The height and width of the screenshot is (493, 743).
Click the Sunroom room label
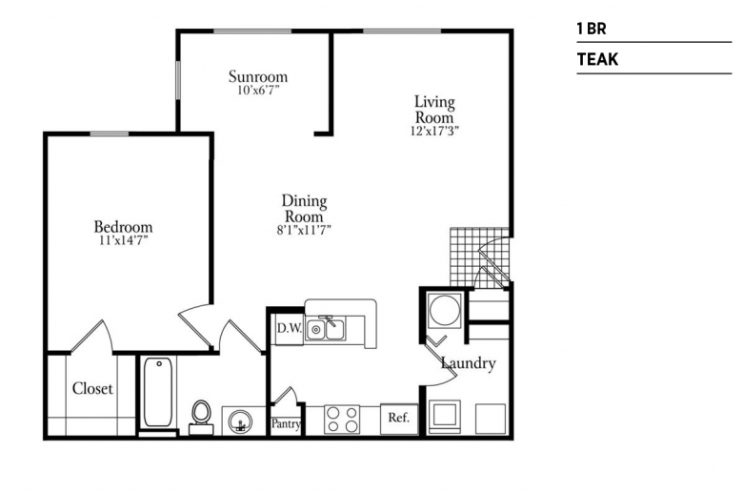(258, 76)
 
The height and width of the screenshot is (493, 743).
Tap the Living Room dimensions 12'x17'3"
(434, 131)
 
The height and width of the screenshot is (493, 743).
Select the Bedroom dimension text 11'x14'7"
(123, 240)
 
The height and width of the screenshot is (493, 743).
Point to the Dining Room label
(304, 209)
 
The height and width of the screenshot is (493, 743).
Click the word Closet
(92, 389)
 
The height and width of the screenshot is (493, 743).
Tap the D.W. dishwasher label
(289, 328)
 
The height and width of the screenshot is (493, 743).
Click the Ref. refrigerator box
(399, 419)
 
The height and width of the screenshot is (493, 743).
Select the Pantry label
(286, 423)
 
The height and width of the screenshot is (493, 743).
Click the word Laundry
(468, 363)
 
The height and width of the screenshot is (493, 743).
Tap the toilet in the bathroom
(201, 418)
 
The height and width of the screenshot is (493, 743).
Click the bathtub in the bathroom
(158, 393)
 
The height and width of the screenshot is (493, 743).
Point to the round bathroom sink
(240, 421)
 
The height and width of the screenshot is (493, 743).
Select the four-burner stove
(342, 420)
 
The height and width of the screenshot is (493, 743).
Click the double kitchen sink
(326, 328)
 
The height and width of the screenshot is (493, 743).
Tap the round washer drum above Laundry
(445, 309)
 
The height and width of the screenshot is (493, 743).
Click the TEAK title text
(597, 59)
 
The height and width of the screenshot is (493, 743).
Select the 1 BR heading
(592, 29)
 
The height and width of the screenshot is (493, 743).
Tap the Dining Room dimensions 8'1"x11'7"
(304, 230)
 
